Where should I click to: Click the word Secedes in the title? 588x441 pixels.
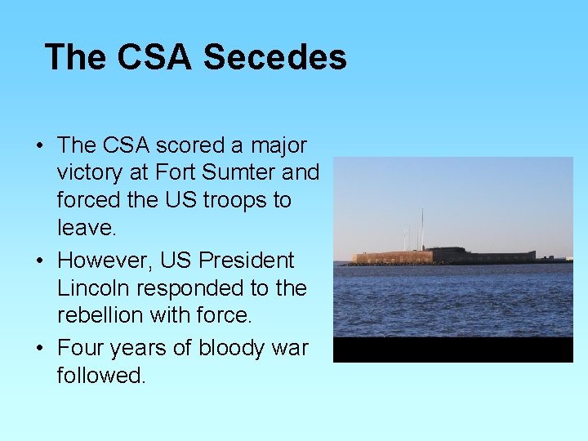pos(274,58)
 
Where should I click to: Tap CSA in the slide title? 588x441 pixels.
pos(155,58)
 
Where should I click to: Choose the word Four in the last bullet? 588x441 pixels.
pos(78,348)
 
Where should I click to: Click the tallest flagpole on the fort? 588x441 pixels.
pos(422,228)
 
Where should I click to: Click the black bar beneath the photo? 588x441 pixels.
pos(453,350)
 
